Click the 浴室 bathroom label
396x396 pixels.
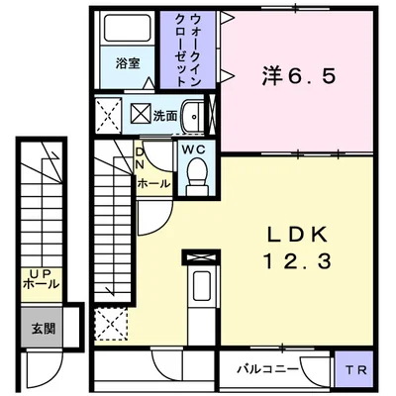tap(127, 63)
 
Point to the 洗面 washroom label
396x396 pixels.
tap(164, 116)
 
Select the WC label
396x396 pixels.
tap(193, 149)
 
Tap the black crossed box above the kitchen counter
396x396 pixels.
tap(201, 254)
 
